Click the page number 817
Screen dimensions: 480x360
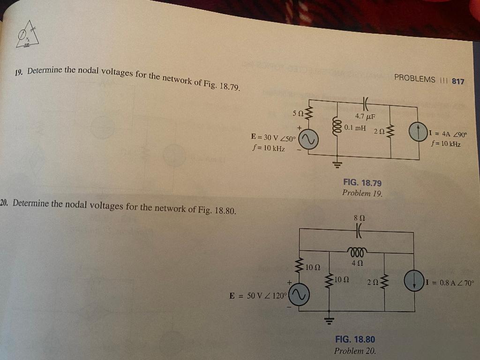457,81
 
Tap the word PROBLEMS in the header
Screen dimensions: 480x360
415,79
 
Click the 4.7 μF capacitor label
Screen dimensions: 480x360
366,116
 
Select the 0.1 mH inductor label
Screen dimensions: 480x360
354,127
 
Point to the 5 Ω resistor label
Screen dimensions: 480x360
297,113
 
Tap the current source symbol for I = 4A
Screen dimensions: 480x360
417,131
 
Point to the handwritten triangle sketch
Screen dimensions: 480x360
28,35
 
